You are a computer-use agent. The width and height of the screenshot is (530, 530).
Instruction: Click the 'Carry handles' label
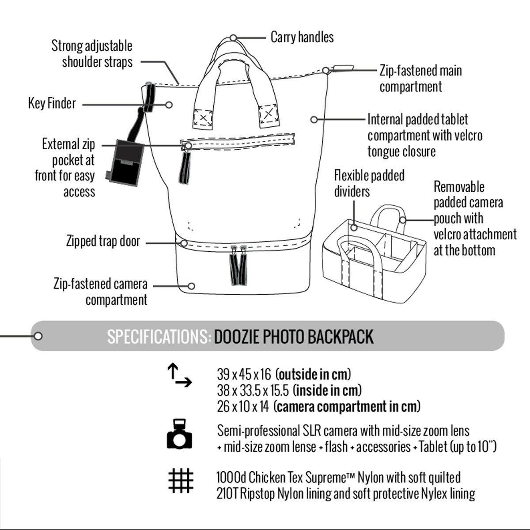[x=302, y=37]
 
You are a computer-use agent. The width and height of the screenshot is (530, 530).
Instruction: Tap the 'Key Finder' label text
[x=52, y=104]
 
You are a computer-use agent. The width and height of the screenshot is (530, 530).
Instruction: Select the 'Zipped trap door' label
[x=103, y=241]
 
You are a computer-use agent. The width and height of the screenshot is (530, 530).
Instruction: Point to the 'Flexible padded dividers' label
[x=369, y=183]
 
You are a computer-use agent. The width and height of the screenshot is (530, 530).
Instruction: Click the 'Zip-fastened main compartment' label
[x=420, y=78]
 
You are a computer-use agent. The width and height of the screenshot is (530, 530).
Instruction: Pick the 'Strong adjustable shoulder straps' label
[x=92, y=54]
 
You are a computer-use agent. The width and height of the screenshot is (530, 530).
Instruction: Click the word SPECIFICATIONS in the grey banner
[x=159, y=337]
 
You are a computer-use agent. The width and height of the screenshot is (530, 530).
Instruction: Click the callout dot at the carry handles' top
[x=233, y=38]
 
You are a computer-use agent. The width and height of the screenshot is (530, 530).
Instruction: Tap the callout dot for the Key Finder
[x=169, y=105]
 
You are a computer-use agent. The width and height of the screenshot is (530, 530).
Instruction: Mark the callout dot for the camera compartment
[x=191, y=286]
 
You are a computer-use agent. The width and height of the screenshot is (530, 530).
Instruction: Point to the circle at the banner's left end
[x=38, y=337]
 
